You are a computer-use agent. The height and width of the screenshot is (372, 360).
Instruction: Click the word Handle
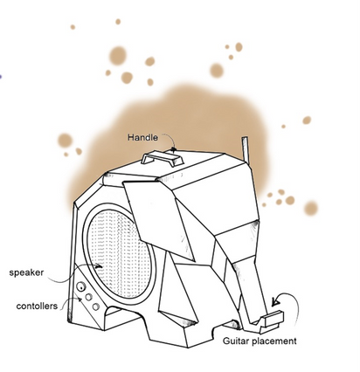tap(142, 137)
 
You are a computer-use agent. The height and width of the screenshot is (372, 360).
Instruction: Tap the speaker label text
tap(26, 272)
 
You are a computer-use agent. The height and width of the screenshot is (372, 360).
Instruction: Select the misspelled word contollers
tap(37, 307)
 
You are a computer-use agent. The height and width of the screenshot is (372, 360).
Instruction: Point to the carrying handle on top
tap(162, 158)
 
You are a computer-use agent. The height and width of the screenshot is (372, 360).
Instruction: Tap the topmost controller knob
tap(81, 287)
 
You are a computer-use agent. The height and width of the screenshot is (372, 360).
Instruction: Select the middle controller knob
tap(88, 297)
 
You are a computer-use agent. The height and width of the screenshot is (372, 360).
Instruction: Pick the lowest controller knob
tap(96, 307)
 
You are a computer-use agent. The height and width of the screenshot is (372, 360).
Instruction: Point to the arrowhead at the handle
tap(174, 149)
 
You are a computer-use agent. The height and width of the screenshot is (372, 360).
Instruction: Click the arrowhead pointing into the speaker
tap(100, 266)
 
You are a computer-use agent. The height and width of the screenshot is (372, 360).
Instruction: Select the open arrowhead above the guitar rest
tap(275, 301)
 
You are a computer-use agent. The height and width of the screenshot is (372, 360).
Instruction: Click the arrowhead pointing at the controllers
tap(80, 300)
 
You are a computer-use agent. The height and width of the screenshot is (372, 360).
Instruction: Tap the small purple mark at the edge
tap(1, 77)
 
